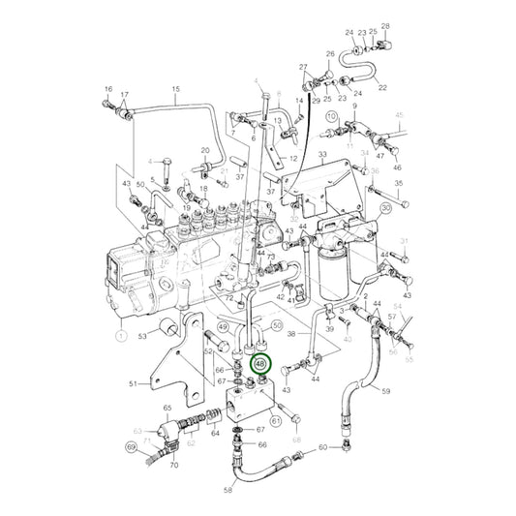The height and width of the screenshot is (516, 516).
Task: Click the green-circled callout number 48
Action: coord(261,365)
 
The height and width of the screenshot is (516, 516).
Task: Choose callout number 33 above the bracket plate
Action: coord(322,156)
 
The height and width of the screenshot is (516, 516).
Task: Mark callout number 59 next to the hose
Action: coord(385,392)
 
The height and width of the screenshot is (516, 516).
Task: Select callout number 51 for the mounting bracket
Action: coord(133,383)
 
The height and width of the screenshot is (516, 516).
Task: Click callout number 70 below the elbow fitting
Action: coord(174,465)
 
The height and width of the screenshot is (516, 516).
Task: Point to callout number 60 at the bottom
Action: coord(321,447)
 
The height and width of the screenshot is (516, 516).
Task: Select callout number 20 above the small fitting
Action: coord(205,151)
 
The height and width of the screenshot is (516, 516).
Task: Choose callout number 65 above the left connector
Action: coord(167,410)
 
